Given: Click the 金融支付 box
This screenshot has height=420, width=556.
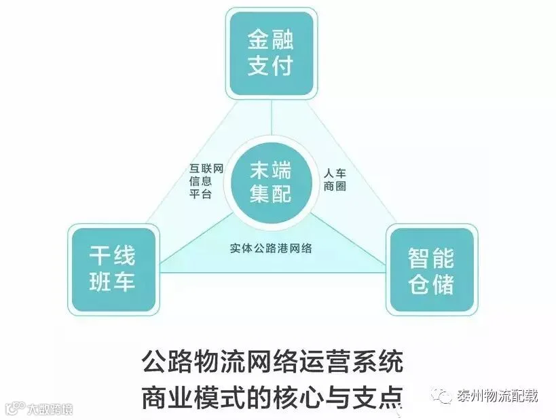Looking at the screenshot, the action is click(x=271, y=55).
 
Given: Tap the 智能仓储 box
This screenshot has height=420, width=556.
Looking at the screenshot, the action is click(x=431, y=270).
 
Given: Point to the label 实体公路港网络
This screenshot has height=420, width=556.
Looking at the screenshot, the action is click(x=271, y=248).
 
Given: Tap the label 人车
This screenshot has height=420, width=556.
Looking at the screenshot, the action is click(x=335, y=172).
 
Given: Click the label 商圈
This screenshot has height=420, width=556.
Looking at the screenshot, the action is click(x=335, y=186).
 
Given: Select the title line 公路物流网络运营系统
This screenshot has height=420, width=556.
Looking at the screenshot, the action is click(x=272, y=361).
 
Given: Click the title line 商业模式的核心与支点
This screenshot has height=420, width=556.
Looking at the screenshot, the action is click(x=272, y=395).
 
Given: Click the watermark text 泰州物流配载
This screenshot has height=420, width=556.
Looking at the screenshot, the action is click(x=497, y=396).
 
